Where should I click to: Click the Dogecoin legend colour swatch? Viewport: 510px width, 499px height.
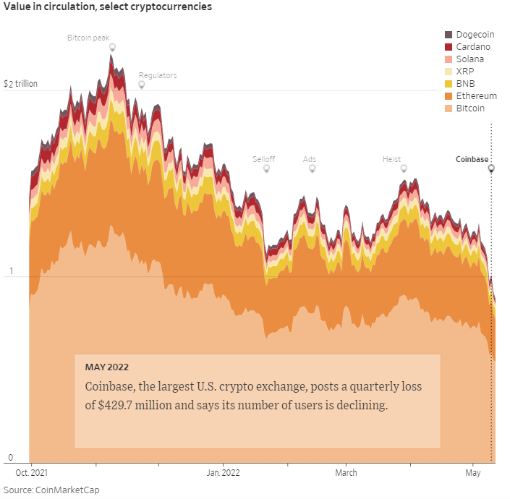[x=449, y=35]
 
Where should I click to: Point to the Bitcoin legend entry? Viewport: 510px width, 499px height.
[x=470, y=108]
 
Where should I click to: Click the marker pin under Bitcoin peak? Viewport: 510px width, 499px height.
[x=112, y=48]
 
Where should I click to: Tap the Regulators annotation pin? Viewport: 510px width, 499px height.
[x=142, y=85]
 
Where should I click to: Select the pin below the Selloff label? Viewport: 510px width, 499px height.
[x=266, y=169]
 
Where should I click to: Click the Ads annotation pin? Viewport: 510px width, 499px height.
[x=313, y=169]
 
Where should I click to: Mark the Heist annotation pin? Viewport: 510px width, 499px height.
[x=404, y=169]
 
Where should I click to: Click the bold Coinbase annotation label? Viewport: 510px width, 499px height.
[x=472, y=159]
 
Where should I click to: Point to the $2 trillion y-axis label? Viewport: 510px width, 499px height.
[x=20, y=84]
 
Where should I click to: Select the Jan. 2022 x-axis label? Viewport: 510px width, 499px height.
[x=223, y=473]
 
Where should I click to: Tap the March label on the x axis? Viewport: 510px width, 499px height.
[x=346, y=473]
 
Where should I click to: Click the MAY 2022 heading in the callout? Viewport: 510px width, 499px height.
[x=107, y=367]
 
